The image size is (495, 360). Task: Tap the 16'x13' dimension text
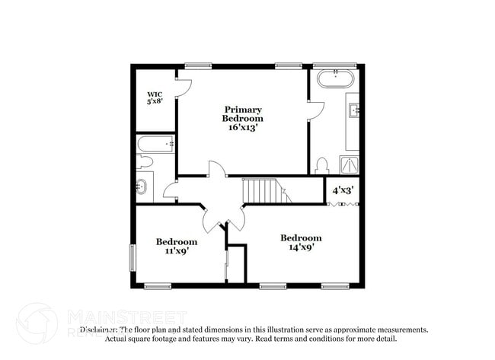pos(243,128)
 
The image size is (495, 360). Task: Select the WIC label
pos(155,94)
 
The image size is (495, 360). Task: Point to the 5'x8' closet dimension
pos(155,102)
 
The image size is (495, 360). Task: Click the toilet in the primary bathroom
pos(321,165)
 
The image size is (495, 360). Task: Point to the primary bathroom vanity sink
pos(354,111)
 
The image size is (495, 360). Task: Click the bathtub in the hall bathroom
pos(155,143)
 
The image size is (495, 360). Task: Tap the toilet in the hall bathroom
pos(144,161)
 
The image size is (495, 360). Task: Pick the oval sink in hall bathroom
pos(142,186)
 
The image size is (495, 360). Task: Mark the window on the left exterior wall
pos(133,257)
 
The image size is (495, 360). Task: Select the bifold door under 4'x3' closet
pos(342,203)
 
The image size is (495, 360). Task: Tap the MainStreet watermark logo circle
pos(37,323)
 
